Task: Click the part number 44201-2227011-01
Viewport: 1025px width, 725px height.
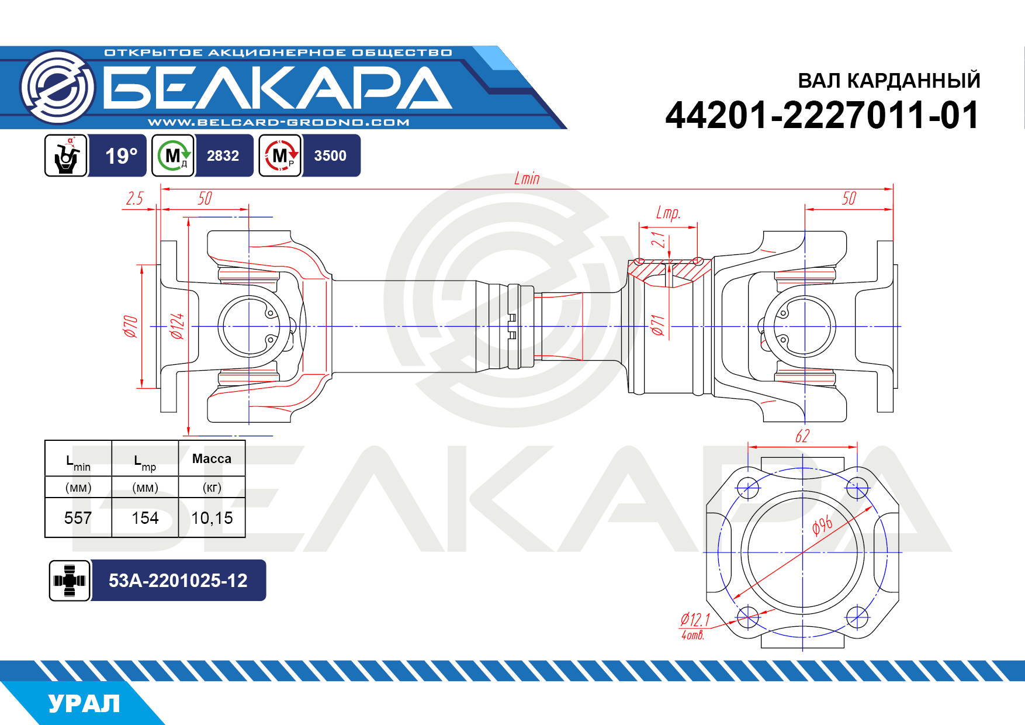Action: (822, 115)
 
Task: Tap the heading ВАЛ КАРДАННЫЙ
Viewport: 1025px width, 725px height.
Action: (889, 81)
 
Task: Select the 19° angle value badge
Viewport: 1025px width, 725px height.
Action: (121, 156)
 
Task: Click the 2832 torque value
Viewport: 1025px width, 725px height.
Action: (223, 156)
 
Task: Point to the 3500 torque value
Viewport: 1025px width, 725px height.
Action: (330, 156)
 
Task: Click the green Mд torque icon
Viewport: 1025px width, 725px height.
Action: (173, 156)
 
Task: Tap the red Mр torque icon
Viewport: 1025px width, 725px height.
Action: (281, 156)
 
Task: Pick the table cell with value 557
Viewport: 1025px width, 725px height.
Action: (78, 518)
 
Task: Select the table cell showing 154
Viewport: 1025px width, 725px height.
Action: (145, 518)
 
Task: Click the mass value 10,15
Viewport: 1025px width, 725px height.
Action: (212, 518)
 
